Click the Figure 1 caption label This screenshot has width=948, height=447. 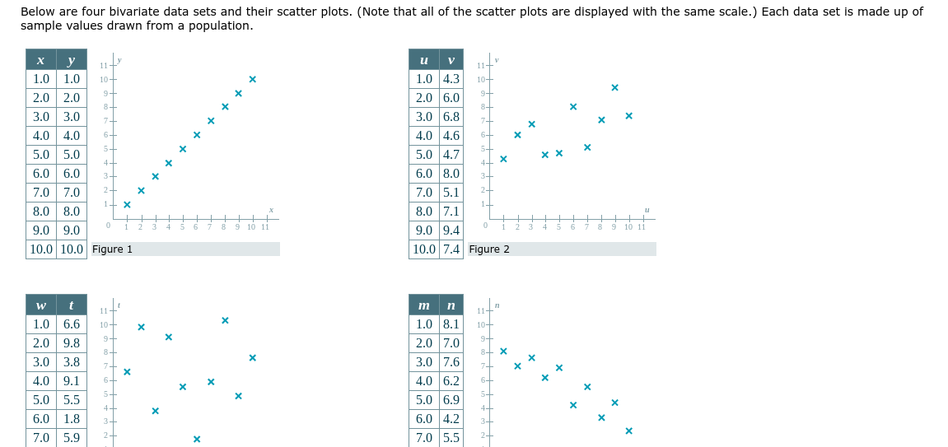pos(113,249)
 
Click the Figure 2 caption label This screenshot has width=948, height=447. pos(489,249)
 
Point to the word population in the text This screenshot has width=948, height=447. pos(224,26)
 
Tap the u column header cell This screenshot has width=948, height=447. pos(423,60)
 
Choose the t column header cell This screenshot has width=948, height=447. pos(72,305)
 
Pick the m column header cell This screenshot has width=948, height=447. pos(423,305)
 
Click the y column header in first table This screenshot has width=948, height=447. pos(72,60)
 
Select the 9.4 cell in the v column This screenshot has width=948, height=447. pos(451,230)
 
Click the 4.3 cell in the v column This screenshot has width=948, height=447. pos(451,79)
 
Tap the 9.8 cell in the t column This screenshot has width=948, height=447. pos(72,343)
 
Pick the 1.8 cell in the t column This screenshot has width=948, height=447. pos(72,419)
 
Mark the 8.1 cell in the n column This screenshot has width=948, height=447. pos(451,324)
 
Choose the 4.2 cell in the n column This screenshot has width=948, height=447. pos(451,419)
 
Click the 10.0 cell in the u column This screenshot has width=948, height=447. pos(423,249)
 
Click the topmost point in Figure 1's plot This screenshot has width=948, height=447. pos(252,79)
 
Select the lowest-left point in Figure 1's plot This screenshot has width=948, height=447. pos(127,204)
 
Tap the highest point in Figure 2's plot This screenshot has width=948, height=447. pos(614,87)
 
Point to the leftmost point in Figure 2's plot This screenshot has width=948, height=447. pos(503,159)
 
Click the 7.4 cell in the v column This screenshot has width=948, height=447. pos(451,249)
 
